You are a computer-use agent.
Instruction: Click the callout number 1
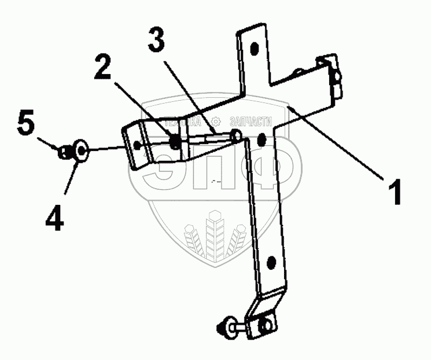396,192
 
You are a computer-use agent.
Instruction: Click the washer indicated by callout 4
79,152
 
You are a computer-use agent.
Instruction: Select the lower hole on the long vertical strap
270,265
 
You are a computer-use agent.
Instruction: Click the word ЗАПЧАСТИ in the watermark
251,122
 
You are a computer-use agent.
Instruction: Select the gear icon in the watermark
216,122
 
